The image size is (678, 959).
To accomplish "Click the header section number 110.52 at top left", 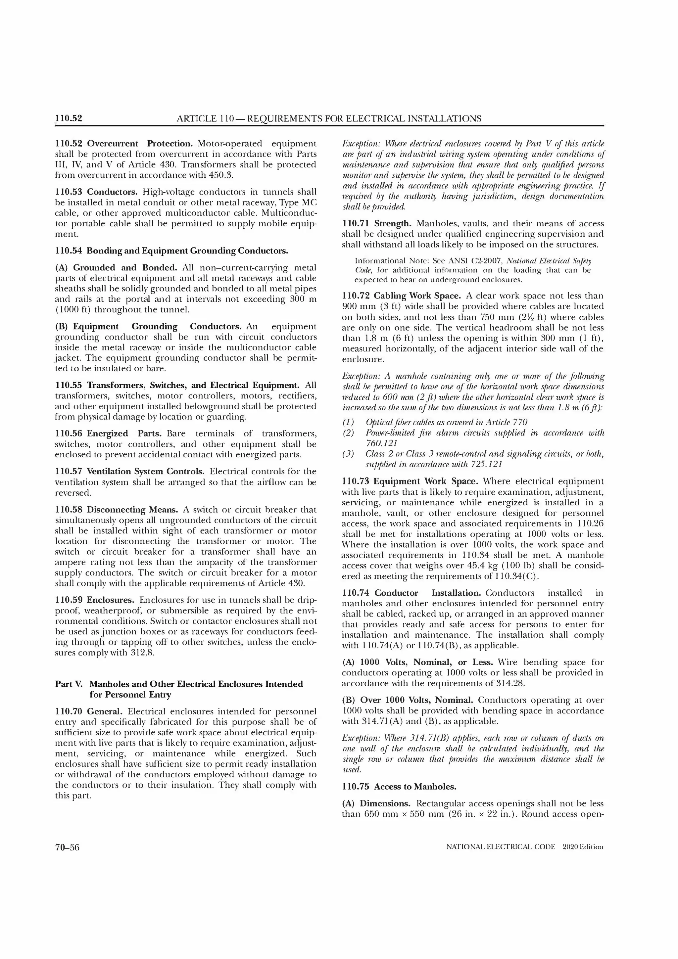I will [69, 118].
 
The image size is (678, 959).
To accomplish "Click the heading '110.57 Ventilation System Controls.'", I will [129, 471].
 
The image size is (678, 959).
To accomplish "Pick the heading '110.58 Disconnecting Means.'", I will [116, 510].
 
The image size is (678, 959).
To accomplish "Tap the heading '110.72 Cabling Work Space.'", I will [401, 296].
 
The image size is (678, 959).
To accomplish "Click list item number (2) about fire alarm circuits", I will [348, 433].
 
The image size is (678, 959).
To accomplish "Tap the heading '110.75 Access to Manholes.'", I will [399, 787].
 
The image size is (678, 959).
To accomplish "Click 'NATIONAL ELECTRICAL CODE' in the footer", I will [501, 847].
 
